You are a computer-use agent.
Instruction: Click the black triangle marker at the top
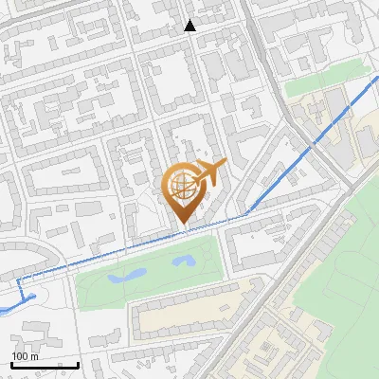pos(190,26)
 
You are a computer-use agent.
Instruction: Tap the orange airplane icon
pos(207,173)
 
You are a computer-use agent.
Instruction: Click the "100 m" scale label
pos(26,356)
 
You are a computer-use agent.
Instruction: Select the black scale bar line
pos(45,365)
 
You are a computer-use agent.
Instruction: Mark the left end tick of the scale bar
pos(11,364)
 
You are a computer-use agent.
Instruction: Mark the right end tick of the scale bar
pos(78,364)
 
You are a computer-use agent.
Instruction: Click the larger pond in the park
pos(127,277)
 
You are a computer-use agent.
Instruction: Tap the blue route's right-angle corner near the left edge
pos(20,282)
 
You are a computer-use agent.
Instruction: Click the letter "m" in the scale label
pos(35,356)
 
